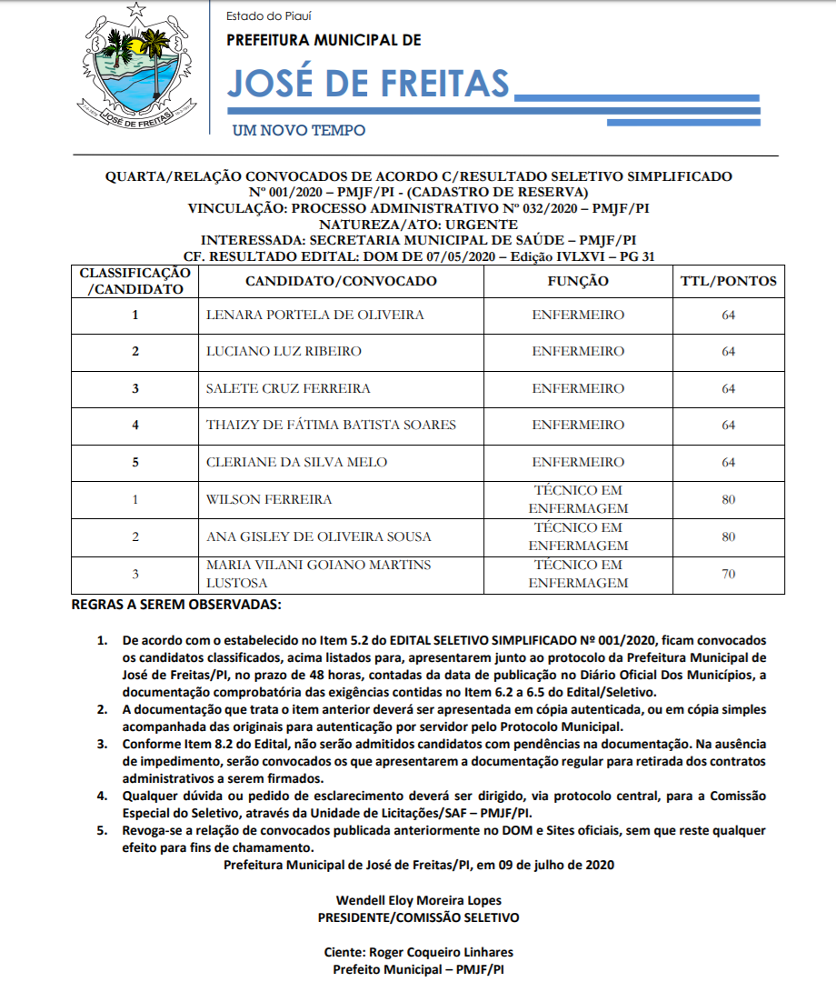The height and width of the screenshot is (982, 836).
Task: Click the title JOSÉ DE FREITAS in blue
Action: coord(367,84)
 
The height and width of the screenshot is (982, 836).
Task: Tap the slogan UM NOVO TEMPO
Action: coord(299,131)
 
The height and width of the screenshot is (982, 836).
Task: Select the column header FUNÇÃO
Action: coord(578,282)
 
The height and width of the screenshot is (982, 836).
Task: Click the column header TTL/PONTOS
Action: coord(728,282)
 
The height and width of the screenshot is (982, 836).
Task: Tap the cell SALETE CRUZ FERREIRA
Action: coord(288,389)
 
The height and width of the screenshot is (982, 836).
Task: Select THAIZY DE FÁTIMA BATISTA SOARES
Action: coord(331,426)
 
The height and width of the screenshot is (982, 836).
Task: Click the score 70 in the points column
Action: coord(728,574)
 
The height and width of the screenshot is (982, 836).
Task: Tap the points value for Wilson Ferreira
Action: coord(728,499)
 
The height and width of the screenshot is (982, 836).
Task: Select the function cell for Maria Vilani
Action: coord(578,574)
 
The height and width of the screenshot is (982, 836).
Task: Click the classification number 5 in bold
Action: coord(135,463)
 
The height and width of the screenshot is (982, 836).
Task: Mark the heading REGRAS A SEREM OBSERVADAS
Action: coord(176,605)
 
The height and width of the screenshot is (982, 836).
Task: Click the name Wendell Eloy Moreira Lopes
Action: coord(418,901)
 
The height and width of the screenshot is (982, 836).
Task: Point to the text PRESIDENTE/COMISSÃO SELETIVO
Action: coord(418,917)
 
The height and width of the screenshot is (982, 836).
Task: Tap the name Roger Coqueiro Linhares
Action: coord(418,953)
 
